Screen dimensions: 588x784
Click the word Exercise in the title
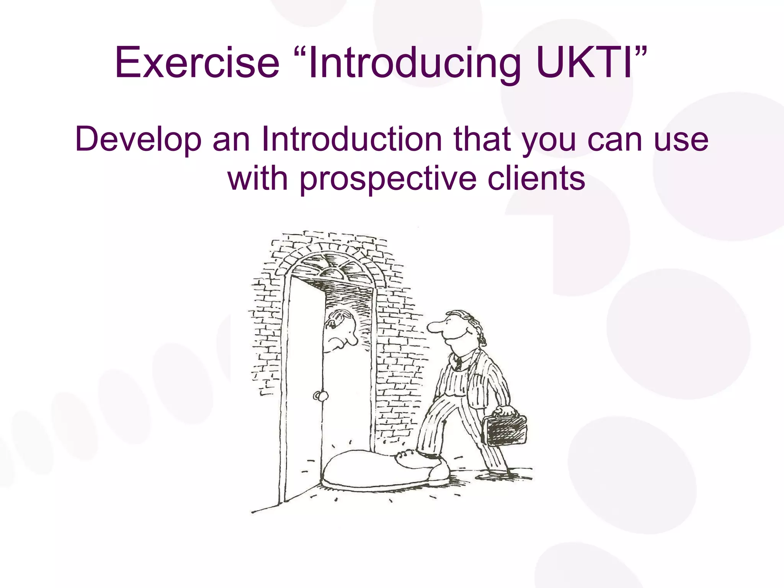(x=197, y=62)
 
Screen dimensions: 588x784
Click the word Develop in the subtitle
(x=138, y=140)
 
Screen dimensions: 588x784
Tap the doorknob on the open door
(x=320, y=396)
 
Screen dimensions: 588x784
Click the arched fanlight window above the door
(x=332, y=266)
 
